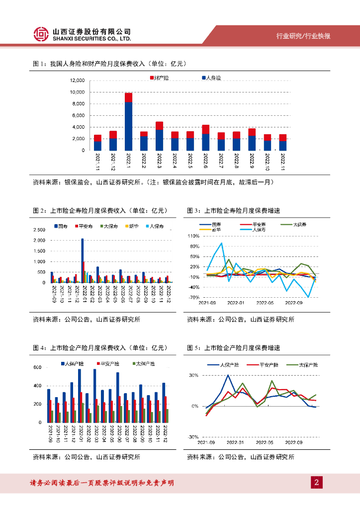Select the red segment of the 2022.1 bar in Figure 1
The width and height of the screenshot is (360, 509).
tap(128, 97)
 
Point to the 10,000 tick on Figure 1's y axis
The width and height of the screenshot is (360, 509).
tap(78, 92)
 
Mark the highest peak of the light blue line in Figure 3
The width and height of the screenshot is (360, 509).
tap(221, 243)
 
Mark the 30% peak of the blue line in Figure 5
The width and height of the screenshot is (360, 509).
tap(228, 375)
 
